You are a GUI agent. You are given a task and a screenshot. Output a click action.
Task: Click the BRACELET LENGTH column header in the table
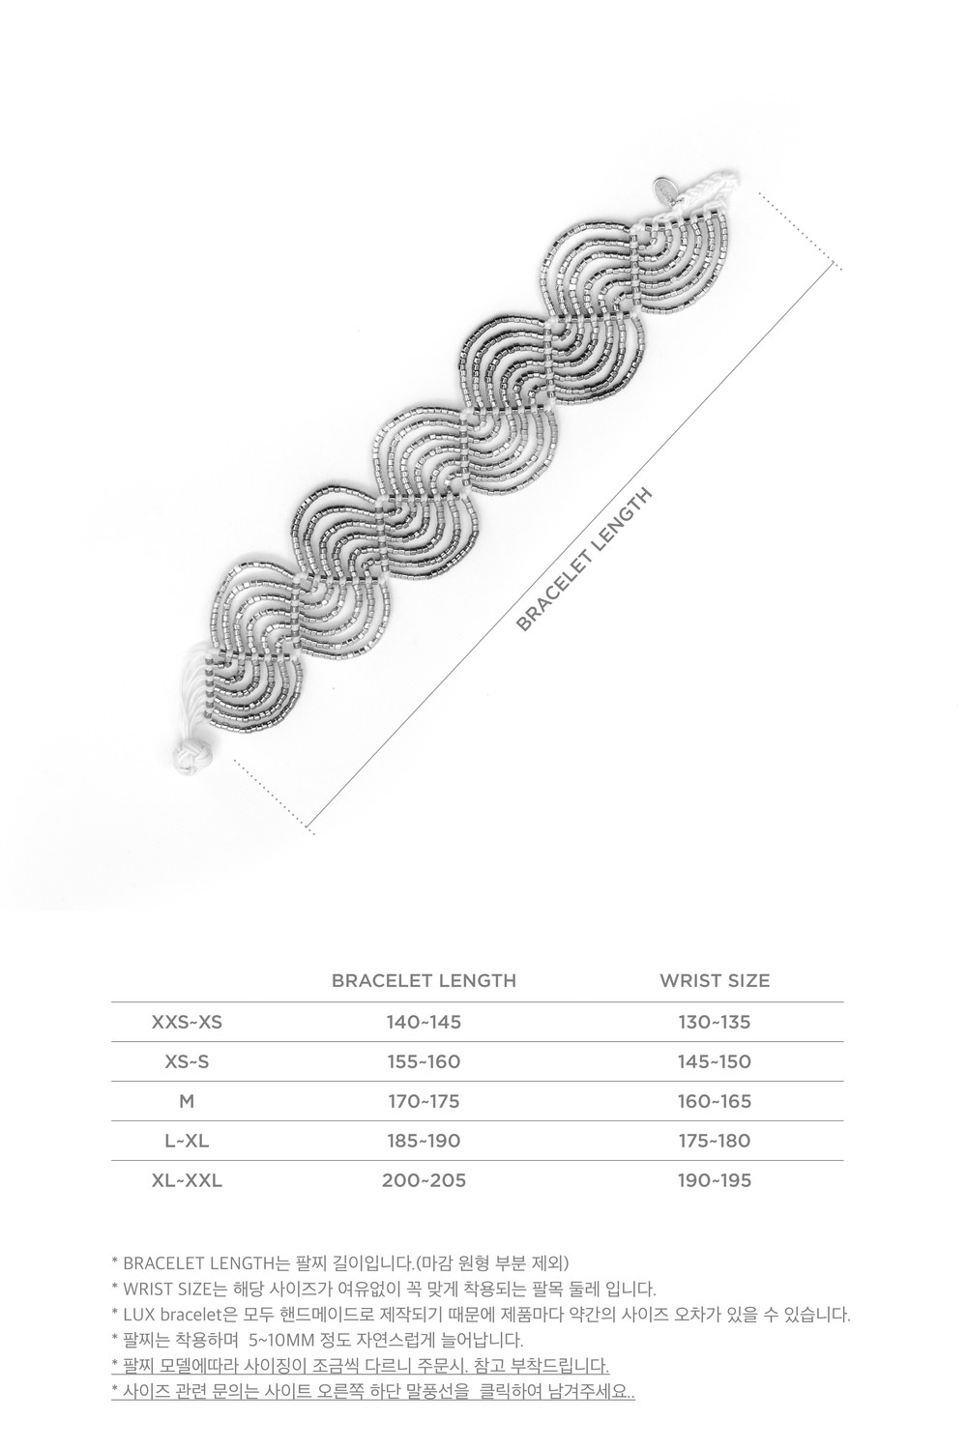(x=424, y=981)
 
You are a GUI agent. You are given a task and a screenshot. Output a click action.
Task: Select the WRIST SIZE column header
(x=714, y=981)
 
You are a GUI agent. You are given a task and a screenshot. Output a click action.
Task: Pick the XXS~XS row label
(x=187, y=1022)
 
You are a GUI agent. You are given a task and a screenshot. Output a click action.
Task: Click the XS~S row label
(x=187, y=1061)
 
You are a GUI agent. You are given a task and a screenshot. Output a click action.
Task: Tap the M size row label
(x=187, y=1101)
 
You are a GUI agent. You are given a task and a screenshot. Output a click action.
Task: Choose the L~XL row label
(x=187, y=1141)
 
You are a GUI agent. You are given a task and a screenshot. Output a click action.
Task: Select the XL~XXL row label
(x=187, y=1180)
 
